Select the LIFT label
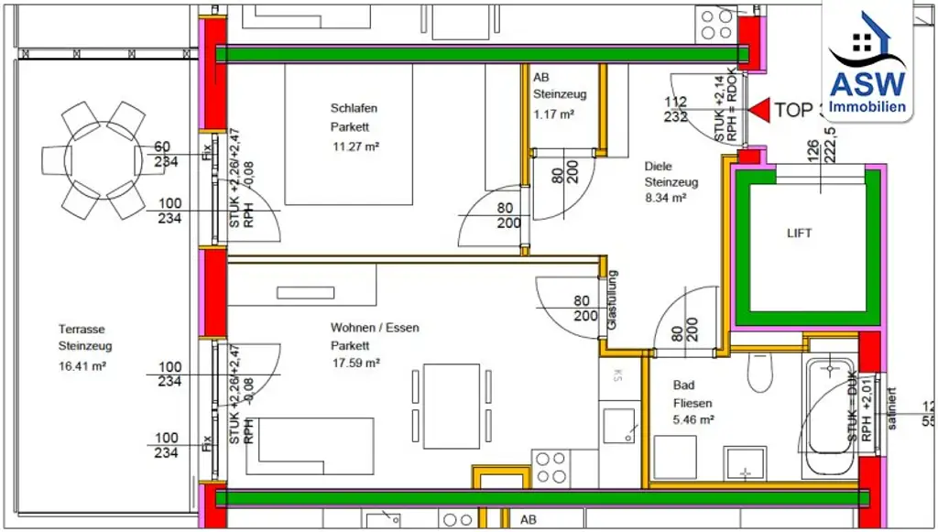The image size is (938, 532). [x=799, y=233]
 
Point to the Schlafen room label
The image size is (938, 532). [x=354, y=108]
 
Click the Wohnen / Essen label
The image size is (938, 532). [x=375, y=327]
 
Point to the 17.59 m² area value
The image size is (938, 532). [x=355, y=363]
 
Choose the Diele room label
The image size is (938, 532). [x=658, y=167]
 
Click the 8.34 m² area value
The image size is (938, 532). [x=665, y=197]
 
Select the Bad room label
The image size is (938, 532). [x=683, y=385]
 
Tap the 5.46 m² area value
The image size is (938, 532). [x=693, y=420]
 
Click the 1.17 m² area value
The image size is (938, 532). [x=553, y=114]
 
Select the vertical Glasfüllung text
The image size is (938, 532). [x=613, y=300]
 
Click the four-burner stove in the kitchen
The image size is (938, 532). [x=550, y=466]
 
